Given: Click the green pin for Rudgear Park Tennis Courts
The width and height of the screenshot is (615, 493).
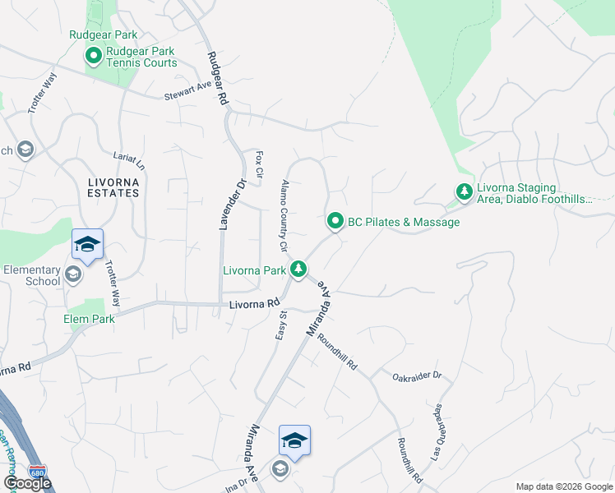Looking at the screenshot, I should tap(93, 57).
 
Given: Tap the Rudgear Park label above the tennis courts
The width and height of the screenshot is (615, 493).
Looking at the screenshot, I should tap(103, 35).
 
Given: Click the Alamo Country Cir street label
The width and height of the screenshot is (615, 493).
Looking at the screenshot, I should tap(285, 215).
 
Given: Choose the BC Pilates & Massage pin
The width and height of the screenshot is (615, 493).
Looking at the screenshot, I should tap(335, 221).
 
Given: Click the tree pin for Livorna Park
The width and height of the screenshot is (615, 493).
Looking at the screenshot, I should tap(300, 269).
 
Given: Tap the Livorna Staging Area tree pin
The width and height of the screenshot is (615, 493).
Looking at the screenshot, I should tap(464, 191).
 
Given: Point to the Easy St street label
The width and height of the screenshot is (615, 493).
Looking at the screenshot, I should tap(280, 324).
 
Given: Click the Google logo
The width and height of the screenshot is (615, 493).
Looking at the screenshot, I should tap(27, 483).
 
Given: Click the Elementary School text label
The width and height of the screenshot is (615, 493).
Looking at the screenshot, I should tap(31, 275).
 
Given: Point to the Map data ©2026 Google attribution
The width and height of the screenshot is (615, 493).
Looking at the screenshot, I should tap(563, 486).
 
